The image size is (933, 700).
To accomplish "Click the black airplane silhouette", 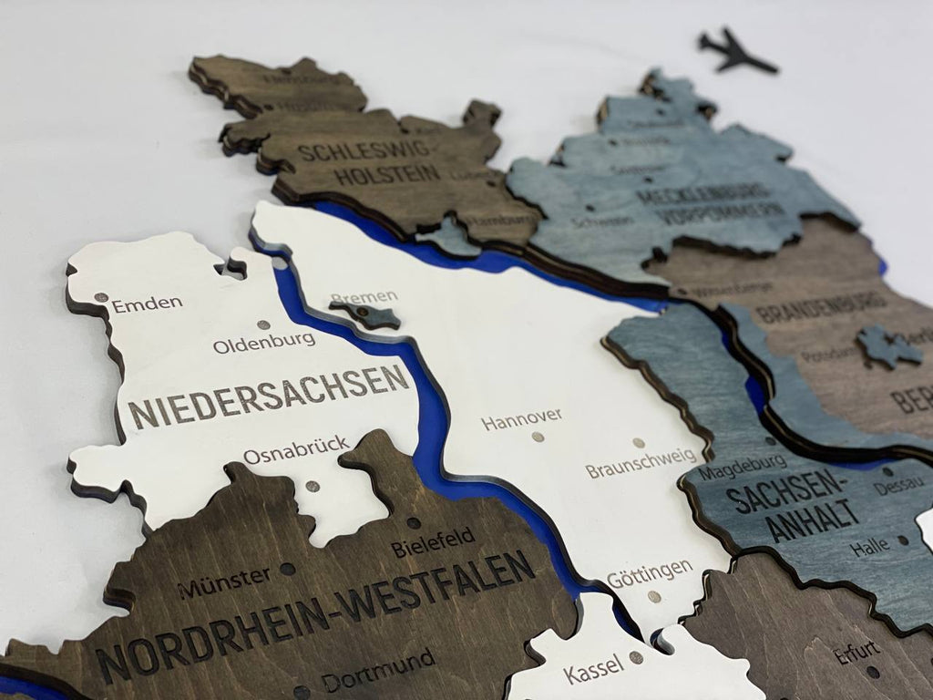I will point(736,52).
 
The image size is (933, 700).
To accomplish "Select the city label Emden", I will point(148,304).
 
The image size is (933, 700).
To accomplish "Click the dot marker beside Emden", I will point(100,297).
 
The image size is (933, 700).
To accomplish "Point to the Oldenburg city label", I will point(264,343).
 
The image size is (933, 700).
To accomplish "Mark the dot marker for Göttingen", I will point(653,597).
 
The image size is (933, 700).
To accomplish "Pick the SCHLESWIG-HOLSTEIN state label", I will point(369,162).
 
